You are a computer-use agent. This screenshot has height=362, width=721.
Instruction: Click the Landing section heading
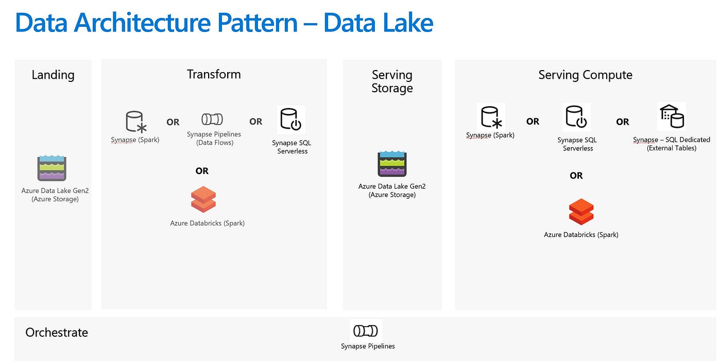pyautogui.click(x=53, y=75)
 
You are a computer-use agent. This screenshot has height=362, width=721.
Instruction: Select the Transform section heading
pyautogui.click(x=214, y=74)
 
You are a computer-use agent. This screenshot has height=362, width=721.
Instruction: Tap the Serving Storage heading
pyautogui.click(x=392, y=81)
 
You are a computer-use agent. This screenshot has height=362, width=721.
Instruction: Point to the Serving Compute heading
pyautogui.click(x=585, y=75)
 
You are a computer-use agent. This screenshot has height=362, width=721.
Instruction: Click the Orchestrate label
pyautogui.click(x=57, y=333)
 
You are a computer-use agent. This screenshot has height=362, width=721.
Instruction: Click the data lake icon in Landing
pyautogui.click(x=51, y=168)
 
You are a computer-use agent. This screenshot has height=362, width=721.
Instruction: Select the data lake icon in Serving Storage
pyautogui.click(x=392, y=164)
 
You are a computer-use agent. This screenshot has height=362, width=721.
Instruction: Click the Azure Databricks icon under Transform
pyautogui.click(x=203, y=199)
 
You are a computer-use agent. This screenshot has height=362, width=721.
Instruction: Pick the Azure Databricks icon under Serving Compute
pyautogui.click(x=581, y=211)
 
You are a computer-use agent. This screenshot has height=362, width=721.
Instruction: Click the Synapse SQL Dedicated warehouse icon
pyautogui.click(x=672, y=117)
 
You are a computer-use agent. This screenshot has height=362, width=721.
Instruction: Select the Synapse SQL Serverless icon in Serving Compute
pyautogui.click(x=576, y=117)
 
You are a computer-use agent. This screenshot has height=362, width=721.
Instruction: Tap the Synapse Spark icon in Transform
pyautogui.click(x=136, y=122)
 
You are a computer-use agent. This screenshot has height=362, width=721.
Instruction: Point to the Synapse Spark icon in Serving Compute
pyautogui.click(x=491, y=117)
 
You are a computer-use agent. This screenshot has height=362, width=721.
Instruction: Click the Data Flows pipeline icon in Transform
pyautogui.click(x=212, y=119)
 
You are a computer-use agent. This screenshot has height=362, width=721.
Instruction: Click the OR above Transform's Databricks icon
pyautogui.click(x=202, y=171)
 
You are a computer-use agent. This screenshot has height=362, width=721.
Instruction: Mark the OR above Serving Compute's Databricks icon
pyautogui.click(x=576, y=176)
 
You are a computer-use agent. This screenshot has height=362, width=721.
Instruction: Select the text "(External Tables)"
pyautogui.click(x=672, y=148)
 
